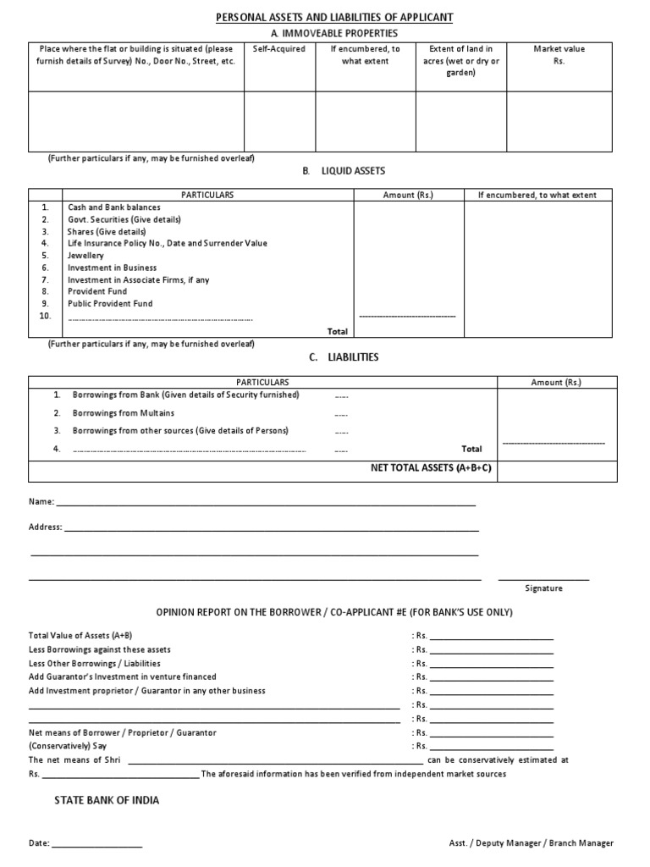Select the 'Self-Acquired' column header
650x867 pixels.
(x=278, y=49)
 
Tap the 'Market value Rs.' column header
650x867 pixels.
(x=559, y=55)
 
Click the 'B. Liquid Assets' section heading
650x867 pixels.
(x=344, y=171)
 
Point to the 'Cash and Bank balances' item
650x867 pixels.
(x=113, y=207)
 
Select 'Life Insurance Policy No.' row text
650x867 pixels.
(x=167, y=243)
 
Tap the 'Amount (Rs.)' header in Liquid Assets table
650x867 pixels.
(x=408, y=195)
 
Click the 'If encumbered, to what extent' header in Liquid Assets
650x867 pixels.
(x=537, y=195)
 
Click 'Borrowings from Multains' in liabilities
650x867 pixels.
(x=124, y=412)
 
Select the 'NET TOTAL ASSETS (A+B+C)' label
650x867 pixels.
(x=431, y=467)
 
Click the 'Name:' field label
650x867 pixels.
(x=41, y=502)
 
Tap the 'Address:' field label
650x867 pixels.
(x=46, y=527)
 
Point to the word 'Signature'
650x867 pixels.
(x=543, y=587)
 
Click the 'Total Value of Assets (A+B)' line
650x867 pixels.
(x=80, y=635)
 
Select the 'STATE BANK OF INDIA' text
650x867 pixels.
(x=107, y=800)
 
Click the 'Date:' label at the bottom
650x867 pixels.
(x=39, y=844)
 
